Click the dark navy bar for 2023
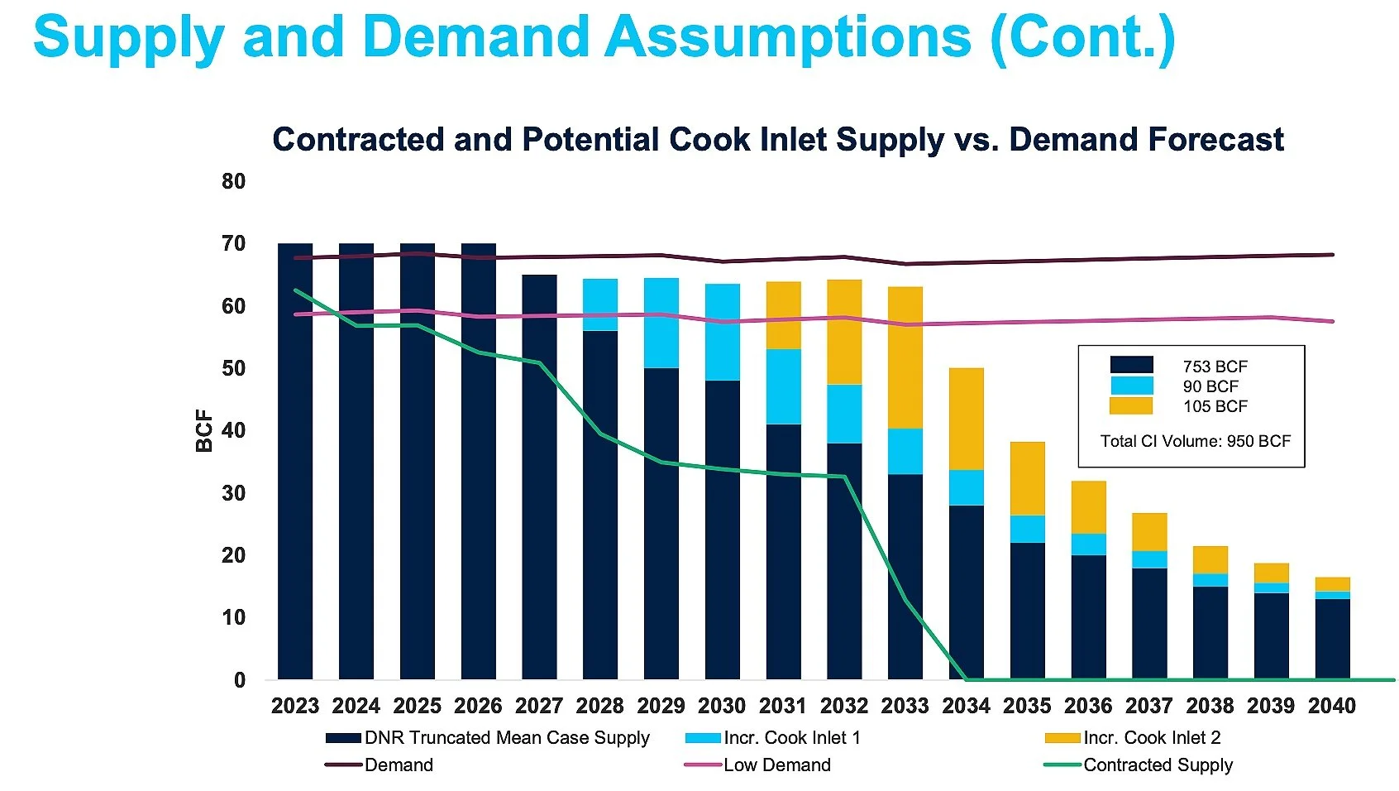coord(295,496)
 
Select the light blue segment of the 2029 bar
coord(661,324)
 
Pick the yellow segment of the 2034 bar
coord(967,419)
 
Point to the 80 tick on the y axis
coord(234,181)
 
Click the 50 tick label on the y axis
coord(234,368)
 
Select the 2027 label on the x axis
coord(539,706)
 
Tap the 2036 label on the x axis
coord(1088,706)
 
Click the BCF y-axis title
coord(203,431)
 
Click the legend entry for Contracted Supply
coord(1158,765)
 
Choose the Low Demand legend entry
coord(776,765)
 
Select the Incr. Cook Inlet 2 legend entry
coord(1152,738)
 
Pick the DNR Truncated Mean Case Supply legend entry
coord(507,738)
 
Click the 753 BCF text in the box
coord(1215,367)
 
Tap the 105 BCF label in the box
coord(1215,406)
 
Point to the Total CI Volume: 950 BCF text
coord(1195,441)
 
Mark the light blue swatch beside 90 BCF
coord(1131,386)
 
